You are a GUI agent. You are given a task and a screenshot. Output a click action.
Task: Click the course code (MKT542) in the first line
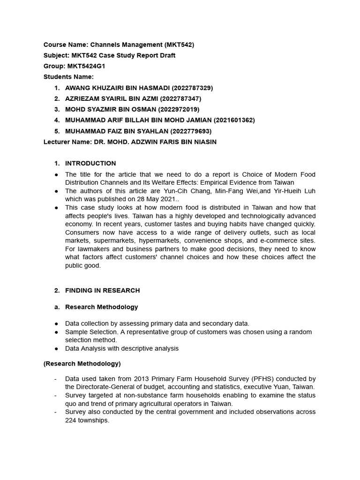pyautogui.click(x=179, y=45)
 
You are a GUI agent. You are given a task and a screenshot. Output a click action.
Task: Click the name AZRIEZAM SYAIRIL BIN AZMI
pyautogui.click(x=112, y=98)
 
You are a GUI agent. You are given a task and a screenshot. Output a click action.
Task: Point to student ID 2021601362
pyautogui.click(x=234, y=120)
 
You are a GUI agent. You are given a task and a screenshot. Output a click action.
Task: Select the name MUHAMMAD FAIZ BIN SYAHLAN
pyautogui.click(x=117, y=131)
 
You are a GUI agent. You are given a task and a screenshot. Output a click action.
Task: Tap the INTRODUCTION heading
pyautogui.click(x=90, y=163)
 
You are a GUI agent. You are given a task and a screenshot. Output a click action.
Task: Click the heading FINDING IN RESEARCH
pyautogui.click(x=102, y=290)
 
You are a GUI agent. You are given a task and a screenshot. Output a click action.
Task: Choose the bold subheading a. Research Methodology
pyautogui.click(x=101, y=307)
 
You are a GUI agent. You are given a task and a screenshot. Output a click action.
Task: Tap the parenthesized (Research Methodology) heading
pyautogui.click(x=82, y=363)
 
